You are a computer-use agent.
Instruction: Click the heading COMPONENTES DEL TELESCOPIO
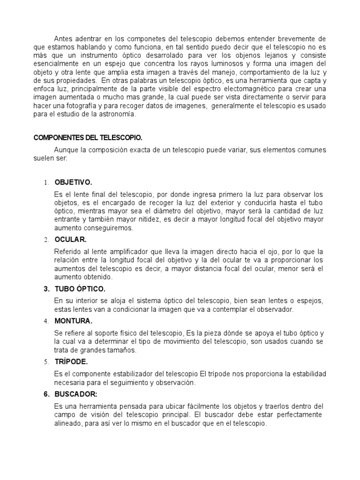[88, 138]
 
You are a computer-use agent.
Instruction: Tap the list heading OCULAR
[71, 240]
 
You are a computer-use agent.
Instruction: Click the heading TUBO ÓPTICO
[80, 288]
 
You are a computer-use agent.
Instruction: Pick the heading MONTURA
[74, 321]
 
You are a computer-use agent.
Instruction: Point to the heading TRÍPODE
[71, 362]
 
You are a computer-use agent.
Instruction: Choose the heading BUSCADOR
[76, 394]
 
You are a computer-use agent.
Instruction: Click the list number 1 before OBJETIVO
[46, 182]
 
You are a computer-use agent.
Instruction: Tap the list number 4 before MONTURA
[46, 321]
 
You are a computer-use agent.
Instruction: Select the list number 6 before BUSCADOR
[46, 394]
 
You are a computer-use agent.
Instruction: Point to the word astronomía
[119, 114]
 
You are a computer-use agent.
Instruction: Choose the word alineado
[69, 423]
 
